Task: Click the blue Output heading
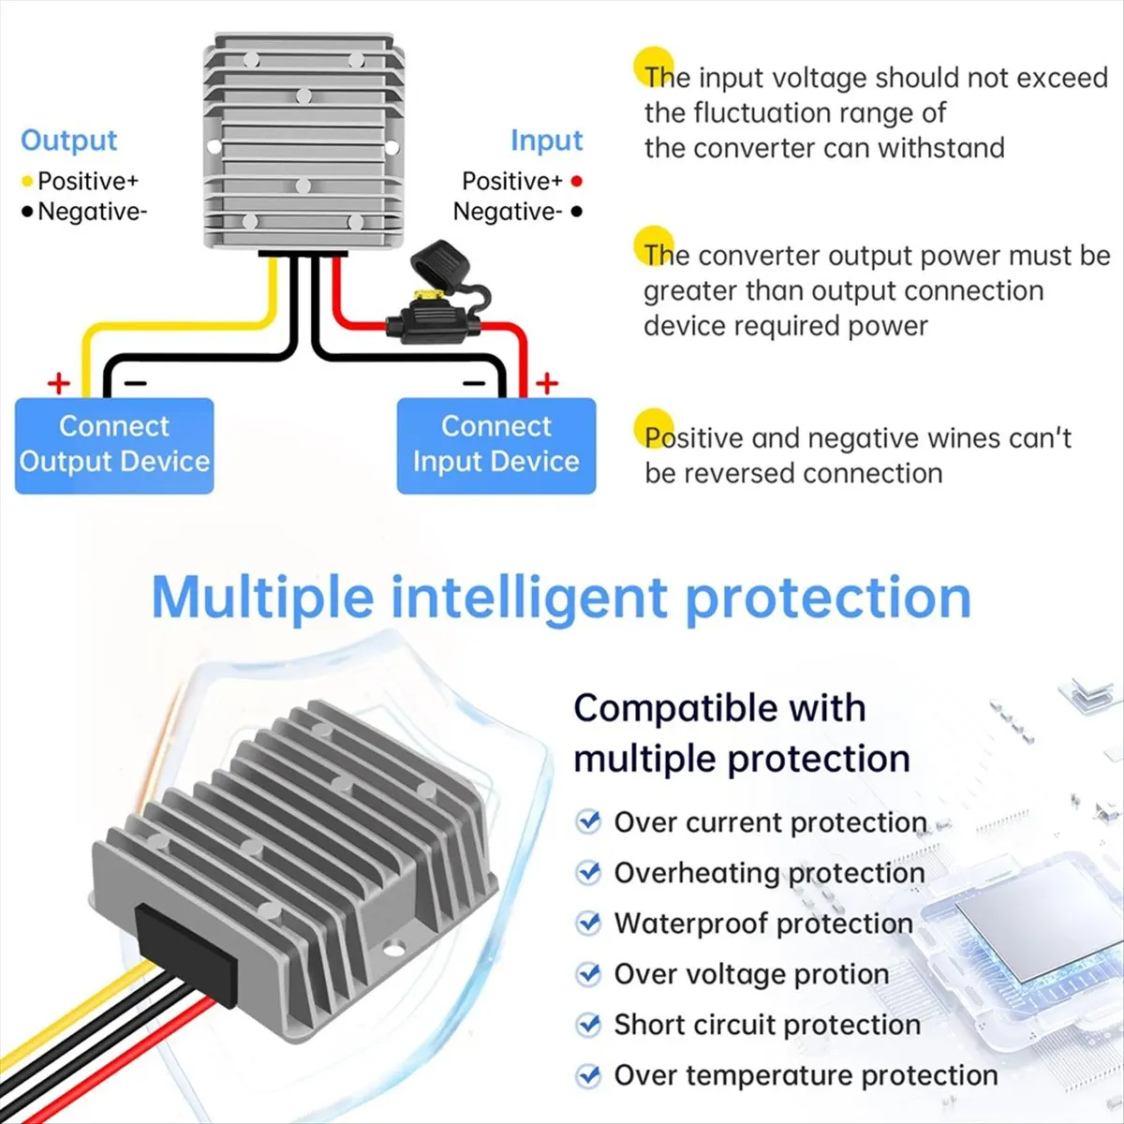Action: pyautogui.click(x=68, y=141)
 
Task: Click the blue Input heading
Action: pyautogui.click(x=546, y=141)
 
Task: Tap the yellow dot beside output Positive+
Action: pyautogui.click(x=27, y=182)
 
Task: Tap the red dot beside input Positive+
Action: pyautogui.click(x=576, y=182)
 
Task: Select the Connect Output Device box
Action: pyautogui.click(x=114, y=446)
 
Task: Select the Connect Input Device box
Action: pyautogui.click(x=496, y=446)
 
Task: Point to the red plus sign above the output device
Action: pyautogui.click(x=59, y=384)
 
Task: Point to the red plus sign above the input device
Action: pyautogui.click(x=546, y=384)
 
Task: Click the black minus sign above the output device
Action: pyautogui.click(x=135, y=383)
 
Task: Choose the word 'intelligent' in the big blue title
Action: pyautogui.click(x=528, y=599)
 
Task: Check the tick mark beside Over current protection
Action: pyautogui.click(x=588, y=821)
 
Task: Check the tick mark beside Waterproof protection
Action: pyautogui.click(x=588, y=923)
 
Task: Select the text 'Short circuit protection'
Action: pyautogui.click(x=768, y=1025)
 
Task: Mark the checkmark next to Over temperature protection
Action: pyautogui.click(x=588, y=1074)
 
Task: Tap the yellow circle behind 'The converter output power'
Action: pyautogui.click(x=654, y=246)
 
